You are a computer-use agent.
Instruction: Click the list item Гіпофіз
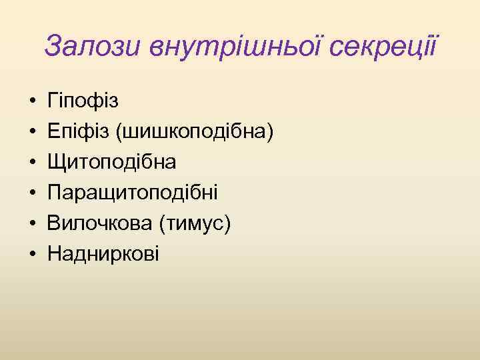point(83,101)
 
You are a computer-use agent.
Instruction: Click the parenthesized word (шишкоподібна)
point(195,132)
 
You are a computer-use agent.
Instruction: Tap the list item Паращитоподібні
point(133,193)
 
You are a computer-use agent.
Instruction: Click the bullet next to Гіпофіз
point(32,102)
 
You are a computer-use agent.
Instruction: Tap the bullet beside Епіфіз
point(32,133)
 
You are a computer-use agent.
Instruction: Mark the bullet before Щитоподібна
point(32,163)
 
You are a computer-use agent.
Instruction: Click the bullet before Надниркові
point(32,255)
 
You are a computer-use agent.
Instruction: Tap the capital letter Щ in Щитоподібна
point(56,163)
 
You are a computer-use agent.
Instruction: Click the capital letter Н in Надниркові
point(55,254)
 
